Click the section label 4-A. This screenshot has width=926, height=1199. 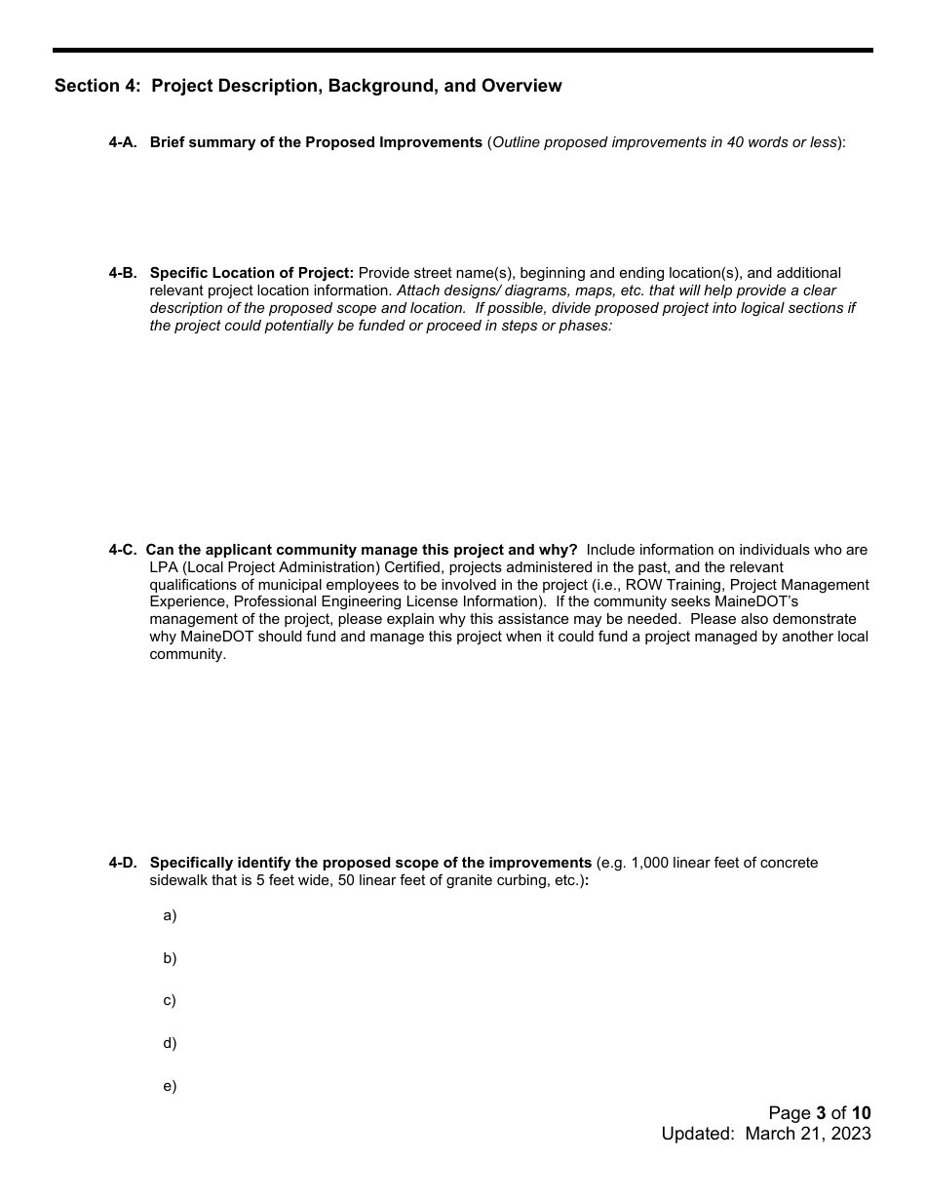[x=122, y=142]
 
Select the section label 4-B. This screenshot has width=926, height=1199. [x=122, y=273]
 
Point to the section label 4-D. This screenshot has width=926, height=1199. [x=122, y=863]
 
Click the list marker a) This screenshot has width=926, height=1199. [x=170, y=915]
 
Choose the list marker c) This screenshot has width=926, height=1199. [x=170, y=1000]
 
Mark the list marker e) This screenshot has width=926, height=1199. [x=170, y=1086]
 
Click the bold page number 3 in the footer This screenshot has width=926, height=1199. [x=821, y=1113]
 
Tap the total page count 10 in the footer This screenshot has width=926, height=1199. [x=861, y=1113]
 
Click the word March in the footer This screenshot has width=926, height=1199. [x=769, y=1134]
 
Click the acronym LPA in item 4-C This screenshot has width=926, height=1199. [x=164, y=567]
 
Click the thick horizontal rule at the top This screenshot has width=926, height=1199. [x=463, y=50]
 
